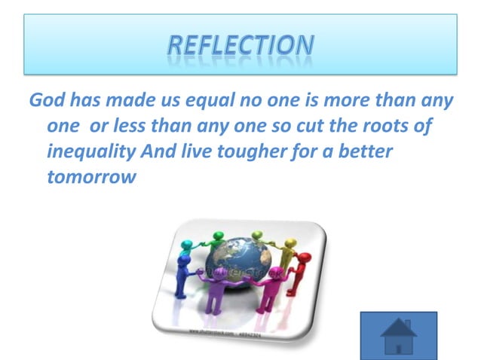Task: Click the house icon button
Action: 398,335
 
